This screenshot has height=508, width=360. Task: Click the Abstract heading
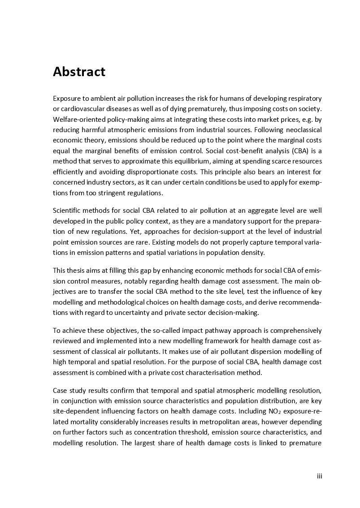point(79,72)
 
